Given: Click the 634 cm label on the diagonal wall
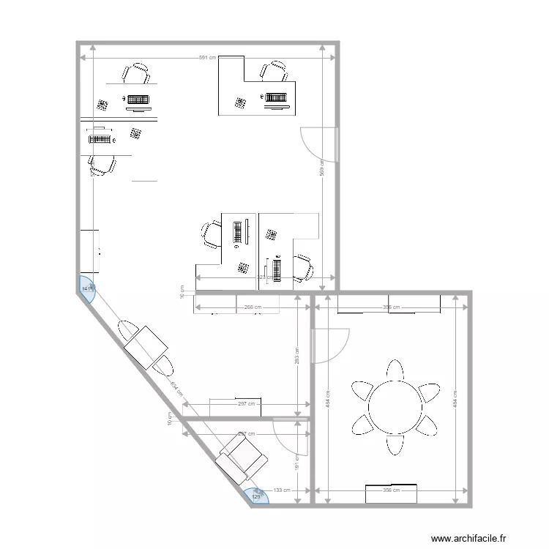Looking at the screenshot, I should coord(175,387).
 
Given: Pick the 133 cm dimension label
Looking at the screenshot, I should coord(283,490).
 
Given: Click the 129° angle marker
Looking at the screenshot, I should coord(257,497).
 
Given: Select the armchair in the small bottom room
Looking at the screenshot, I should coord(242,457).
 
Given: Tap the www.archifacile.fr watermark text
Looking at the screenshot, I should coord(468,538).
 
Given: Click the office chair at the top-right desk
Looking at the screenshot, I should coord(274,71).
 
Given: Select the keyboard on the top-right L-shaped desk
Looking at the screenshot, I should coord(276,97).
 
